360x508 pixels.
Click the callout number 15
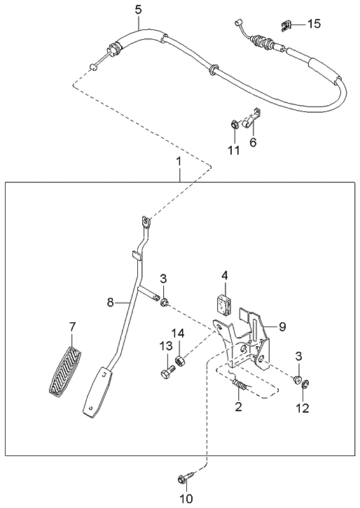click(x=314, y=24)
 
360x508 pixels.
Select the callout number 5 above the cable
click(x=138, y=10)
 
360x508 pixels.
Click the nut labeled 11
click(x=234, y=125)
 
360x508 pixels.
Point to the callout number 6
click(x=253, y=142)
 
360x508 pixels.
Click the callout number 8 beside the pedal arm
click(x=111, y=303)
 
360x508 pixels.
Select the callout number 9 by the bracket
click(x=282, y=327)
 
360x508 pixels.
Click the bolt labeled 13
click(x=167, y=371)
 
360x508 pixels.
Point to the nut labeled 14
click(x=180, y=359)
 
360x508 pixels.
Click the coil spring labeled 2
click(x=240, y=384)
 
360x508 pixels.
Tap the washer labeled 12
click(x=305, y=385)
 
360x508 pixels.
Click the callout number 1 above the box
click(x=179, y=161)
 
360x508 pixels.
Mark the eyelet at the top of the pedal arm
click(x=146, y=222)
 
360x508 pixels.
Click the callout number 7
click(x=72, y=327)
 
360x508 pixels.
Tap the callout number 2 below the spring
click(x=238, y=406)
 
